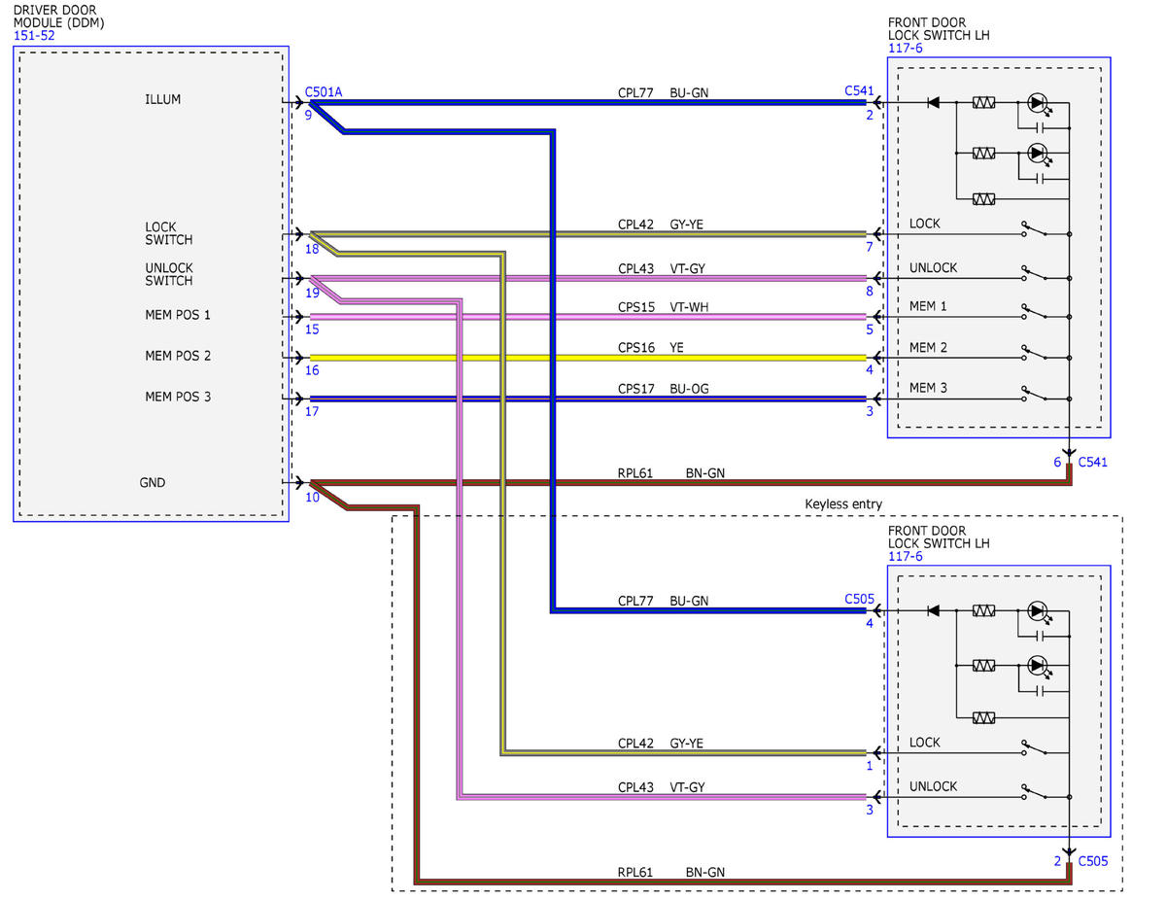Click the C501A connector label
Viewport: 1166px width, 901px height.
[x=323, y=91]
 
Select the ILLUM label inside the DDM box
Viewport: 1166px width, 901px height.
[x=162, y=99]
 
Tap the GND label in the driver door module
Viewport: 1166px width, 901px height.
[x=153, y=482]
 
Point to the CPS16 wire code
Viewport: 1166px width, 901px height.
[x=635, y=348]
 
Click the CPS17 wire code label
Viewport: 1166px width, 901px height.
[x=635, y=389]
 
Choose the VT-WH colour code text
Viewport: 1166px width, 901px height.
[x=689, y=307]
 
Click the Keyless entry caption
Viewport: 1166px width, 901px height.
[x=843, y=503]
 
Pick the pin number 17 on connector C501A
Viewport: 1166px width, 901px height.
[x=312, y=411]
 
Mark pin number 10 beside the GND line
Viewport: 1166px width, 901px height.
[x=312, y=497]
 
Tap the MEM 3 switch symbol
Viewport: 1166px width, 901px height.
[x=1035, y=394]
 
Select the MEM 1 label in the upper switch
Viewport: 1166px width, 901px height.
[x=928, y=306]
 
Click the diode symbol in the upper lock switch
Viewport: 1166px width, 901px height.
[x=933, y=102]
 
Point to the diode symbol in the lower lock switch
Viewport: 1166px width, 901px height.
[x=933, y=610]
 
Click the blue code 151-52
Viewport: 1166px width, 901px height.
[x=34, y=35]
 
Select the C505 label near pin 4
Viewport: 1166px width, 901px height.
[x=859, y=599]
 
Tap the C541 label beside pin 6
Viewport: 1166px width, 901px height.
[x=1092, y=462]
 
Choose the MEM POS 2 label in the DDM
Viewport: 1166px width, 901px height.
[x=178, y=355]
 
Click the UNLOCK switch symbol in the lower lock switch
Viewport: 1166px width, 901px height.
[x=1035, y=792]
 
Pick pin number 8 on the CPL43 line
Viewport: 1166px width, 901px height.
[x=870, y=291]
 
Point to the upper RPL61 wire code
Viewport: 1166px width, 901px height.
[x=634, y=472]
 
